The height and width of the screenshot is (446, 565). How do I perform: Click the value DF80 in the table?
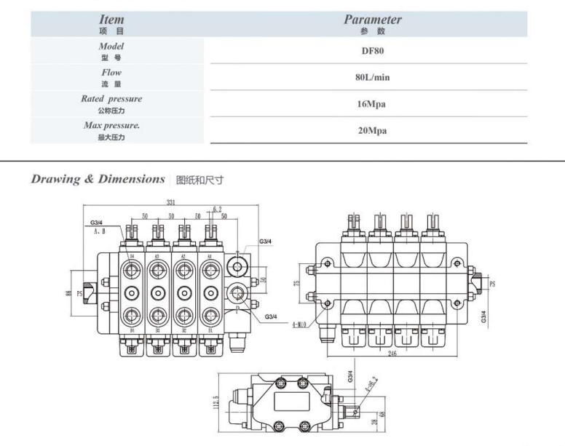[x=372, y=50]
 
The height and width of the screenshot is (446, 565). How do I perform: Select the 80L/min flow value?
[x=372, y=77]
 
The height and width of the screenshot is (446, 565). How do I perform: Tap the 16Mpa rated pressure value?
[x=372, y=104]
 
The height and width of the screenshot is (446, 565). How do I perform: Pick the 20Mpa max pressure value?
[x=372, y=131]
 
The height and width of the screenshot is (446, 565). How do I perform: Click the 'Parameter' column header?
[x=372, y=20]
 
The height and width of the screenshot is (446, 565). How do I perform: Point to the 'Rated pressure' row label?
[x=111, y=99]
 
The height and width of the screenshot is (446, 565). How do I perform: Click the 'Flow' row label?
[x=111, y=73]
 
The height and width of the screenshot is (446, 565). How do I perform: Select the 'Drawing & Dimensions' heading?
[x=98, y=179]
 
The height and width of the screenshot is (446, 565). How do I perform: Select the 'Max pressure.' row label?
[x=111, y=126]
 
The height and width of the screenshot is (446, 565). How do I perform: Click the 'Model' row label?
[x=111, y=46]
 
